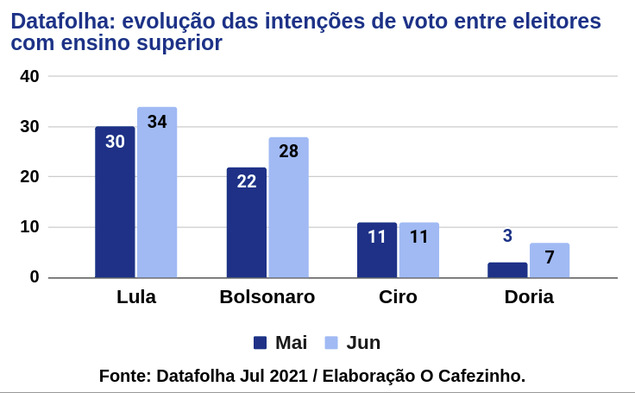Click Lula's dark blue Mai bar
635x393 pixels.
[x=115, y=203]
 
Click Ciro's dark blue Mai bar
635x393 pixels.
[x=377, y=250]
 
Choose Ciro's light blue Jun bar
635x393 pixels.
[x=419, y=250]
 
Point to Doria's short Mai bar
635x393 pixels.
[x=507, y=269]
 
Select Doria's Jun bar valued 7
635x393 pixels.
[x=550, y=261]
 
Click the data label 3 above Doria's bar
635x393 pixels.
[x=507, y=236]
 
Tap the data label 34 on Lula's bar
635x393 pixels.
[x=157, y=122]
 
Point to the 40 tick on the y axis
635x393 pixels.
[x=30, y=76]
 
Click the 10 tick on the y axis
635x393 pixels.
[x=30, y=227]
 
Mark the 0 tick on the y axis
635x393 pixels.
[x=35, y=277]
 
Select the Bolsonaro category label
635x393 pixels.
[x=267, y=298]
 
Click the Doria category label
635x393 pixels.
[x=529, y=298]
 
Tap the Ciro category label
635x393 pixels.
[x=398, y=298]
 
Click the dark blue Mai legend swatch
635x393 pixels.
[x=260, y=343]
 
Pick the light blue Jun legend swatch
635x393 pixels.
[x=331, y=343]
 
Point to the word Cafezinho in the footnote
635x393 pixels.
[x=481, y=376]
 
